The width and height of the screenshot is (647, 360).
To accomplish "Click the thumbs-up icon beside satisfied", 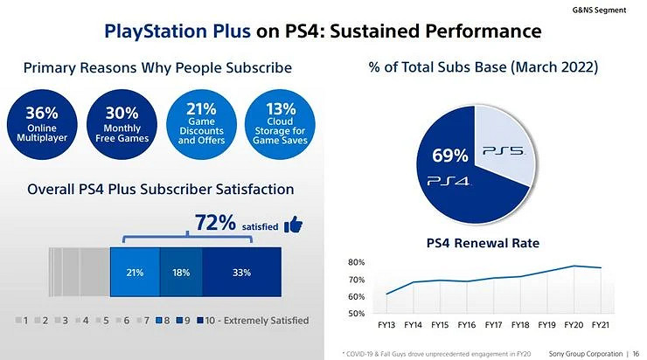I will pyautogui.click(x=295, y=225).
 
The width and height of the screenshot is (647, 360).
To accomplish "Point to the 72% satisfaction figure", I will pyautogui.click(x=215, y=225).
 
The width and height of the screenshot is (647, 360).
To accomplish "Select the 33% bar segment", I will pyautogui.click(x=241, y=273).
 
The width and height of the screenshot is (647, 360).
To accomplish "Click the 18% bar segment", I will pyautogui.click(x=181, y=273).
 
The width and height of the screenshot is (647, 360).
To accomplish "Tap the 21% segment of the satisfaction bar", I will pyautogui.click(x=135, y=273).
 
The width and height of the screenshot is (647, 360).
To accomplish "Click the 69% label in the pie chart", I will pyautogui.click(x=450, y=156).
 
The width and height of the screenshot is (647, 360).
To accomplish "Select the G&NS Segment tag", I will pyautogui.click(x=609, y=8).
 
